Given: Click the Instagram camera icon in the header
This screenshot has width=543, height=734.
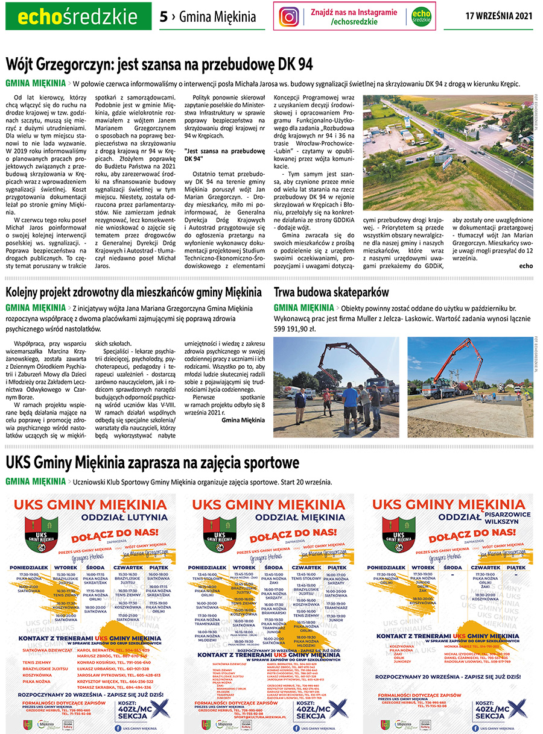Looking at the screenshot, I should [290, 16].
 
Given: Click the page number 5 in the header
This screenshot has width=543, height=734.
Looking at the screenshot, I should [164, 17].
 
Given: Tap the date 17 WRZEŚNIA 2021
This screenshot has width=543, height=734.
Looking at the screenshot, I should [498, 16].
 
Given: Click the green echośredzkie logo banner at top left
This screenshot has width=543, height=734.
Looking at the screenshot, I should [78, 16].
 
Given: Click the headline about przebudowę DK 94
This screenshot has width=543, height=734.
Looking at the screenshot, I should [159, 64].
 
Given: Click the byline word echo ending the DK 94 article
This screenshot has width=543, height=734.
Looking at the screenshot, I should [526, 266].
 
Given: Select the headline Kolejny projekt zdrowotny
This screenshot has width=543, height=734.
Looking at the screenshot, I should [134, 292].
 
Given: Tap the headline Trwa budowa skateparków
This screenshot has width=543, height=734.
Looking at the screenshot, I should [332, 292].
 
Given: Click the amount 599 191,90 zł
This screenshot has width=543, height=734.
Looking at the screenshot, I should [295, 329].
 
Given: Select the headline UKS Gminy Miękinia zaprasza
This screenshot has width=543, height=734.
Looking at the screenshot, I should [153, 463].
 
